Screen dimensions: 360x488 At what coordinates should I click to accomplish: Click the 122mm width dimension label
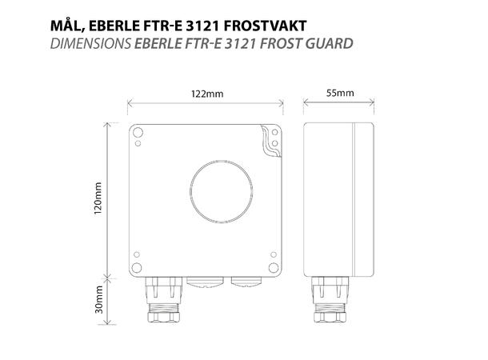click(x=207, y=94)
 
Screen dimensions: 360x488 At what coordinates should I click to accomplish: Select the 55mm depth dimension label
click(x=340, y=94)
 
